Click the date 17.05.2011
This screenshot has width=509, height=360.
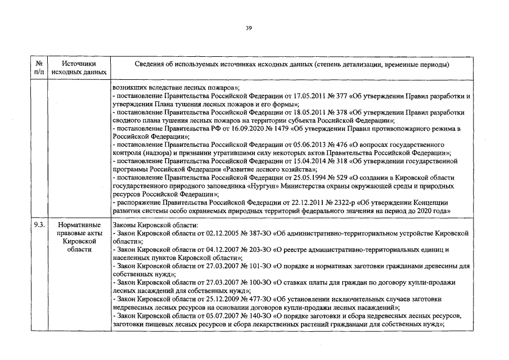(288, 96)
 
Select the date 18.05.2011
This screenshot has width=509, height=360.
(288, 112)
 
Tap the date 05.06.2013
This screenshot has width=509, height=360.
(288, 145)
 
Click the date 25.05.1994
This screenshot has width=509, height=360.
(288, 178)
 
